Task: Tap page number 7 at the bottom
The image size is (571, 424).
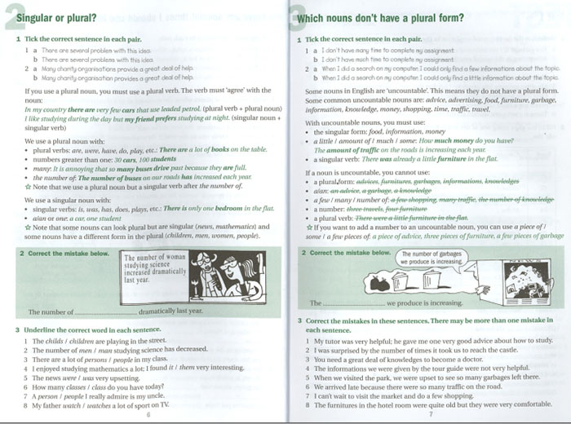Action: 431,413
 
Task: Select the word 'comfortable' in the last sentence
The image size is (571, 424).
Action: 531,404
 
